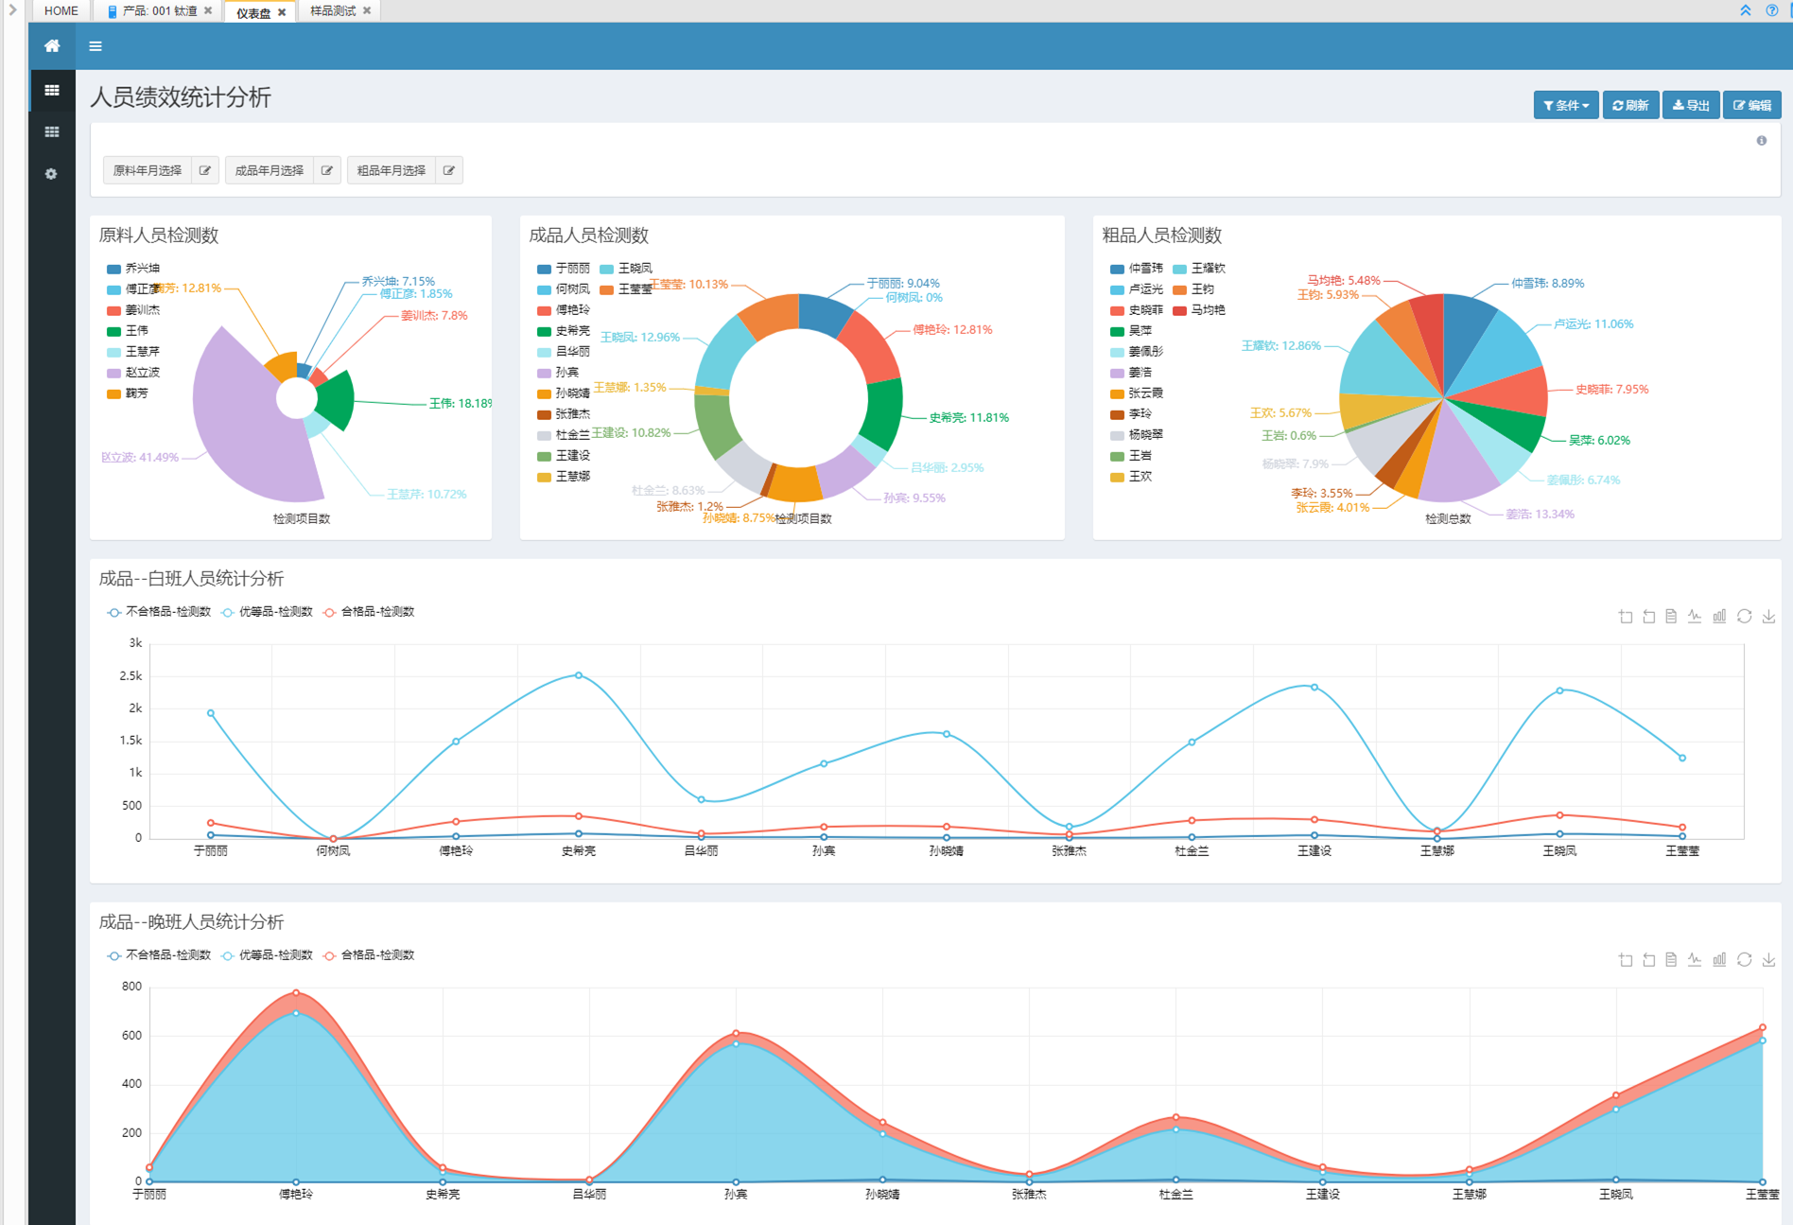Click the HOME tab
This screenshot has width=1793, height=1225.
pyautogui.click(x=61, y=11)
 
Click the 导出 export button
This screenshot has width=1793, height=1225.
pyautogui.click(x=1691, y=105)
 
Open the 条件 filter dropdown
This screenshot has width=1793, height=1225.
pyautogui.click(x=1566, y=105)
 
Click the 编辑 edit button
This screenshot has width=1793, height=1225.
pyautogui.click(x=1752, y=105)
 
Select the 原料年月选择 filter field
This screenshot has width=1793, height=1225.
pyautogui.click(x=148, y=170)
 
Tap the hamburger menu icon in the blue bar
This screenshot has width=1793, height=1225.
pyautogui.click(x=96, y=45)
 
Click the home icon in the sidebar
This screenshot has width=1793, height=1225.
pyautogui.click(x=52, y=45)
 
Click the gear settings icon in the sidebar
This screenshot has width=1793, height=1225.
pyautogui.click(x=51, y=174)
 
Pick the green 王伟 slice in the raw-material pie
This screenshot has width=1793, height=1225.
pyautogui.click(x=337, y=400)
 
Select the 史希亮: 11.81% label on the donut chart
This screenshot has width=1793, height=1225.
pyautogui.click(x=968, y=417)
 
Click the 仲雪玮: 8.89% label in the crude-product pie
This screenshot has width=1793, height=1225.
pyautogui.click(x=1547, y=283)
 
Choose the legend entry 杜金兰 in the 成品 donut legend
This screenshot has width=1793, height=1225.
pyautogui.click(x=572, y=434)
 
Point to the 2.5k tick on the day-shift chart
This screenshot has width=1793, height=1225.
pyautogui.click(x=131, y=675)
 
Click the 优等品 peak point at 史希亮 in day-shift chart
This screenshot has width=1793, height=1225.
pyautogui.click(x=579, y=675)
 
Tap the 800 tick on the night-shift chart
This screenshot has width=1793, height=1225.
pyautogui.click(x=131, y=986)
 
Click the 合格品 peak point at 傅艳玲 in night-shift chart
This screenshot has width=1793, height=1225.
pyautogui.click(x=296, y=993)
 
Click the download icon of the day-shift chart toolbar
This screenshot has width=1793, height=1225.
pyautogui.click(x=1768, y=617)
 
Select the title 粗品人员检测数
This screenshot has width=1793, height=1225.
pyautogui.click(x=1161, y=235)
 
